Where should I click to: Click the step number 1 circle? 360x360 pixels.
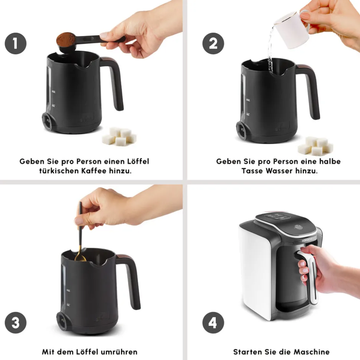(x=16, y=43)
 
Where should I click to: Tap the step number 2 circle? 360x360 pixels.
(x=213, y=43)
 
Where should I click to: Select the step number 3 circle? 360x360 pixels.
(x=16, y=323)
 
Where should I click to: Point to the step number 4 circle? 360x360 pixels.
(x=213, y=323)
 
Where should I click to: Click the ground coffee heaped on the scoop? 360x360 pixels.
(x=66, y=40)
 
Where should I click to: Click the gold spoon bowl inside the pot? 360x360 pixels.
(x=80, y=258)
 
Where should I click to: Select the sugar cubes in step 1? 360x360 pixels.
(x=119, y=136)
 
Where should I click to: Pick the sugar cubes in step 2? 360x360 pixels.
(x=315, y=146)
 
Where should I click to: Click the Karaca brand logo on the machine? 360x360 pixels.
(x=307, y=240)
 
